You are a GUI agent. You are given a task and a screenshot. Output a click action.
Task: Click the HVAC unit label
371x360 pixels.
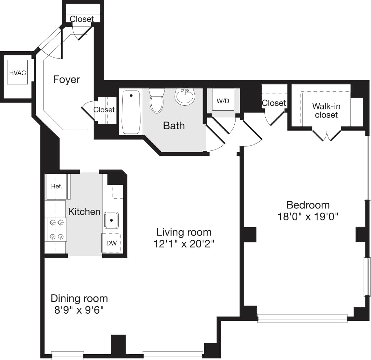pos(17,73)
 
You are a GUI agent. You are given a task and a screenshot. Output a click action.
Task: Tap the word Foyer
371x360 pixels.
pos(66,80)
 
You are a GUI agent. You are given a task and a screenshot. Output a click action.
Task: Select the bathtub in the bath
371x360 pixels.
pos(131,112)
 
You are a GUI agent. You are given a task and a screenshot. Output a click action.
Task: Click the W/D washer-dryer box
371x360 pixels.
pos(223,101)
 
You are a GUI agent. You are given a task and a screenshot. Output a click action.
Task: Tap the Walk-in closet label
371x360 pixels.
pos(326,111)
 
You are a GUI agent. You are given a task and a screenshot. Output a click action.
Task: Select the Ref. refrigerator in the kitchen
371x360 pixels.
pos(57,186)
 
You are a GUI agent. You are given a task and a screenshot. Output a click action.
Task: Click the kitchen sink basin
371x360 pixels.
pos(111,220)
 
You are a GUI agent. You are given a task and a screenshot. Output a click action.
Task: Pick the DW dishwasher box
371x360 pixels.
pos(111,243)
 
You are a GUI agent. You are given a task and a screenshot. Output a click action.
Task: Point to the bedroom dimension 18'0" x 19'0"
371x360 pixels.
pos(308,216)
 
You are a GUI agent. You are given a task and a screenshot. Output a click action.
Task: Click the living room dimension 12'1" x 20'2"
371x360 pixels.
pos(184,244)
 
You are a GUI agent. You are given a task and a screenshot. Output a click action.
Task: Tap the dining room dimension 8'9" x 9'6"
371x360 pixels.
pos(79,310)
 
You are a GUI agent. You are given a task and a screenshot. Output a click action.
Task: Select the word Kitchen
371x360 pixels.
pos(84,212)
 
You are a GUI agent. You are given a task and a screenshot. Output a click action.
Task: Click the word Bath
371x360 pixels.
pos(174,126)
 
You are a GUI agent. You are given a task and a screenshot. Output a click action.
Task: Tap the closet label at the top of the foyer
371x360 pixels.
pos(82,19)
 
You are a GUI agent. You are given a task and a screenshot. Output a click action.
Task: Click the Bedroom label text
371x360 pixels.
pos(308,205)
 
